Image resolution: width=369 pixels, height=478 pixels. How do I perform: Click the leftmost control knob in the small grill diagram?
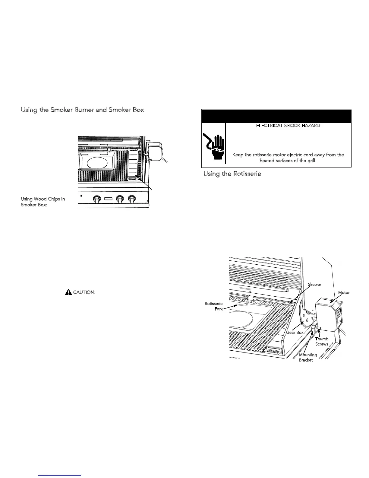pyautogui.click(x=97, y=199)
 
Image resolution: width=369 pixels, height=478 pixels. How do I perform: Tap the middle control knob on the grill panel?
pyautogui.click(x=120, y=199)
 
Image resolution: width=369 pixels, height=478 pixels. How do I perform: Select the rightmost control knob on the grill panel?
pyautogui.click(x=131, y=199)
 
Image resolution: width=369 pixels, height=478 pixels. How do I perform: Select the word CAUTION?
pyautogui.click(x=84, y=293)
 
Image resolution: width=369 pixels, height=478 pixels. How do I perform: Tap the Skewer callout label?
pyautogui.click(x=314, y=285)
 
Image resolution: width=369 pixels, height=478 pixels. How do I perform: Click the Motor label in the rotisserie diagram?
pyautogui.click(x=344, y=293)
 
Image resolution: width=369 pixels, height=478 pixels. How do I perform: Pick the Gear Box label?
pyautogui.click(x=295, y=333)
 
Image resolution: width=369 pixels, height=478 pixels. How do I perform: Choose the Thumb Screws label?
pyautogui.click(x=322, y=341)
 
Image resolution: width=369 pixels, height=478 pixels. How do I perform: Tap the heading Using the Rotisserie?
pyautogui.click(x=232, y=174)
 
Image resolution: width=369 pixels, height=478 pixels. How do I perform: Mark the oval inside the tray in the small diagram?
pyautogui.click(x=96, y=163)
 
